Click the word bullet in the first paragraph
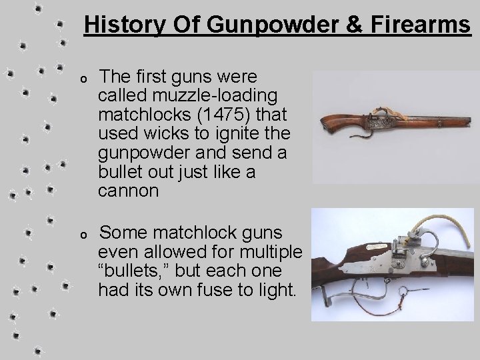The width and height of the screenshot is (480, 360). pyautogui.click(x=121, y=172)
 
